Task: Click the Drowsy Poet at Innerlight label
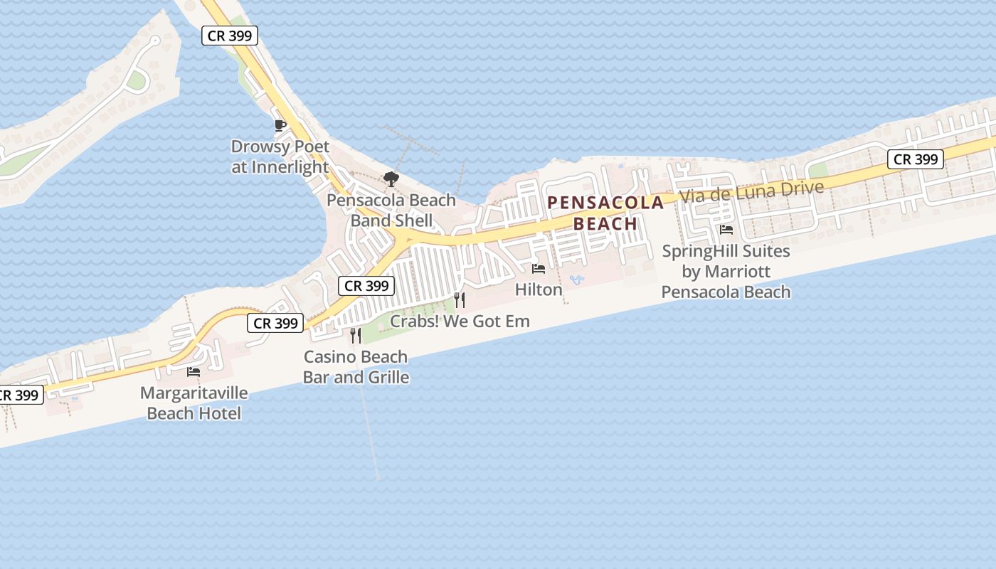click(280, 157)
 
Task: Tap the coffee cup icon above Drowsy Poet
click(280, 126)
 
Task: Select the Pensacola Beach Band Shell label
click(391, 210)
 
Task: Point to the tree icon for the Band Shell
click(391, 179)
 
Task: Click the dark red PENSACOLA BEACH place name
click(605, 213)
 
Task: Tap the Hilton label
click(539, 289)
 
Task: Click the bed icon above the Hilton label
click(539, 269)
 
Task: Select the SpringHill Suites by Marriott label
click(726, 271)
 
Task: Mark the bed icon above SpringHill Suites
click(726, 230)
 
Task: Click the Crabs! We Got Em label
click(460, 321)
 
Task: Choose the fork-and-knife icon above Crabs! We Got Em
click(460, 300)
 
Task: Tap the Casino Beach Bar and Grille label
click(356, 366)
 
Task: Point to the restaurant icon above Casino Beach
click(356, 335)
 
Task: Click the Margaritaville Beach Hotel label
click(194, 403)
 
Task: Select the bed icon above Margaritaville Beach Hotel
click(194, 371)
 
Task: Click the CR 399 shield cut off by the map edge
click(19, 395)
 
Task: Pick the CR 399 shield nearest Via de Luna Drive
click(916, 159)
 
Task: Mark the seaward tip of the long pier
click(378, 479)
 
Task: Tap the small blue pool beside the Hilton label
click(576, 280)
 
